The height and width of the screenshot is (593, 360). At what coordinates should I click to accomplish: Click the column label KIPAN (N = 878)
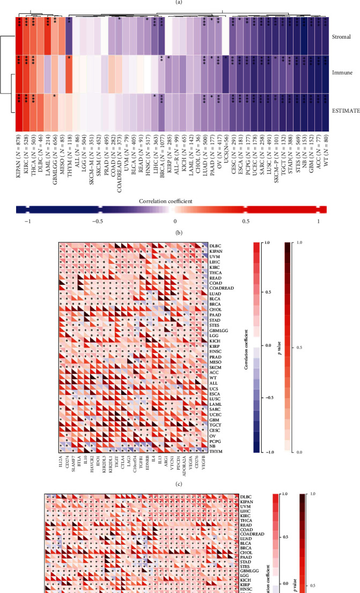(x=19, y=153)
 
